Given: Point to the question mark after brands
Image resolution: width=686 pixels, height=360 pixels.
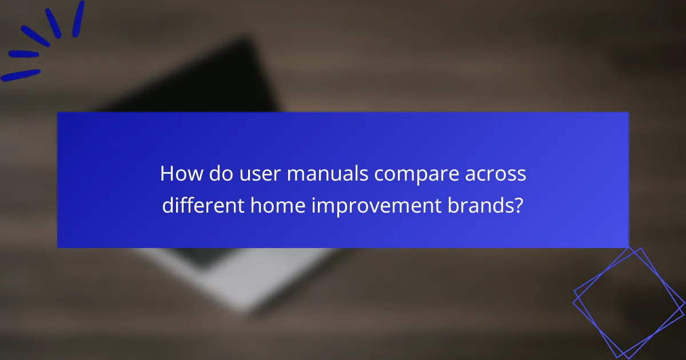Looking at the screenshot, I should click(519, 205).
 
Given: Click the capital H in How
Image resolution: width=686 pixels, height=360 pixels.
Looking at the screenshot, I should click(167, 174).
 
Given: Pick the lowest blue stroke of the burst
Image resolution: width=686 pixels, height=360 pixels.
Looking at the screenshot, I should click(21, 75).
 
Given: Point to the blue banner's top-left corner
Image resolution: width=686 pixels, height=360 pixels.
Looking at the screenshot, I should click(58, 113).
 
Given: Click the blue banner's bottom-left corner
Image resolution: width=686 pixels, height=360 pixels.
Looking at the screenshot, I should click(58, 247).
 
